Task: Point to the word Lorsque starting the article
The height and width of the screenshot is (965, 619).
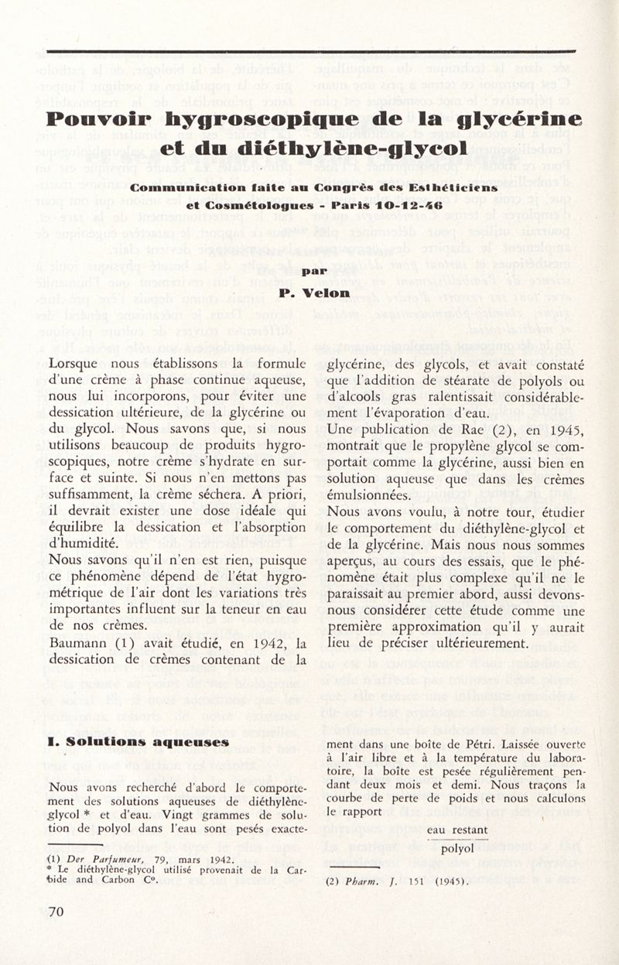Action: click(74, 361)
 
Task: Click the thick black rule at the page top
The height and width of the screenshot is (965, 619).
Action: click(309, 52)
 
